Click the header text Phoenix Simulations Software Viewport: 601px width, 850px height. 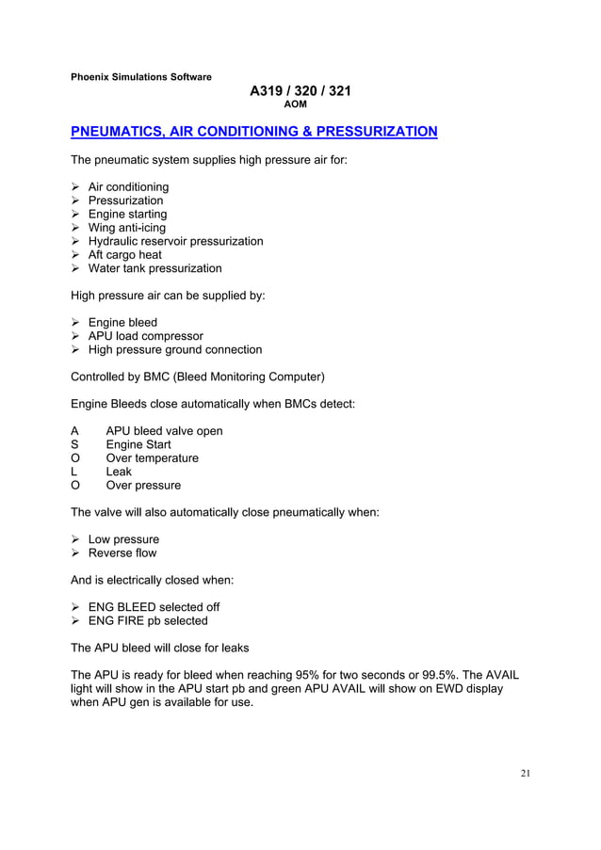(141, 76)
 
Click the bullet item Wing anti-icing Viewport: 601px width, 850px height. (126, 228)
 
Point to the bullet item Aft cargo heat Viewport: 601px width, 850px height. (124, 254)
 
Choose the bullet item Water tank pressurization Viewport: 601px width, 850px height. (154, 268)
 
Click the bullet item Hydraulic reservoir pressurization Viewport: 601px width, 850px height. (175, 241)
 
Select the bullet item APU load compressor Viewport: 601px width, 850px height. (145, 336)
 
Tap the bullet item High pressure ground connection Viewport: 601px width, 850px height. (174, 349)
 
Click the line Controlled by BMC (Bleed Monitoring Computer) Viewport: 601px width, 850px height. (198, 377)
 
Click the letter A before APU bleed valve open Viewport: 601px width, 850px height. (75, 431)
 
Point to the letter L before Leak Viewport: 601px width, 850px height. (75, 472)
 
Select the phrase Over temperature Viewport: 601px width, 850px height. (152, 458)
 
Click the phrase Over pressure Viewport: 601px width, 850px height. (143, 486)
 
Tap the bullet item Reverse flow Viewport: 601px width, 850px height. (122, 553)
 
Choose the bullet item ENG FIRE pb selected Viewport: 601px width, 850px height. (148, 621)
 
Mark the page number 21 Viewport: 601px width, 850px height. (525, 774)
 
